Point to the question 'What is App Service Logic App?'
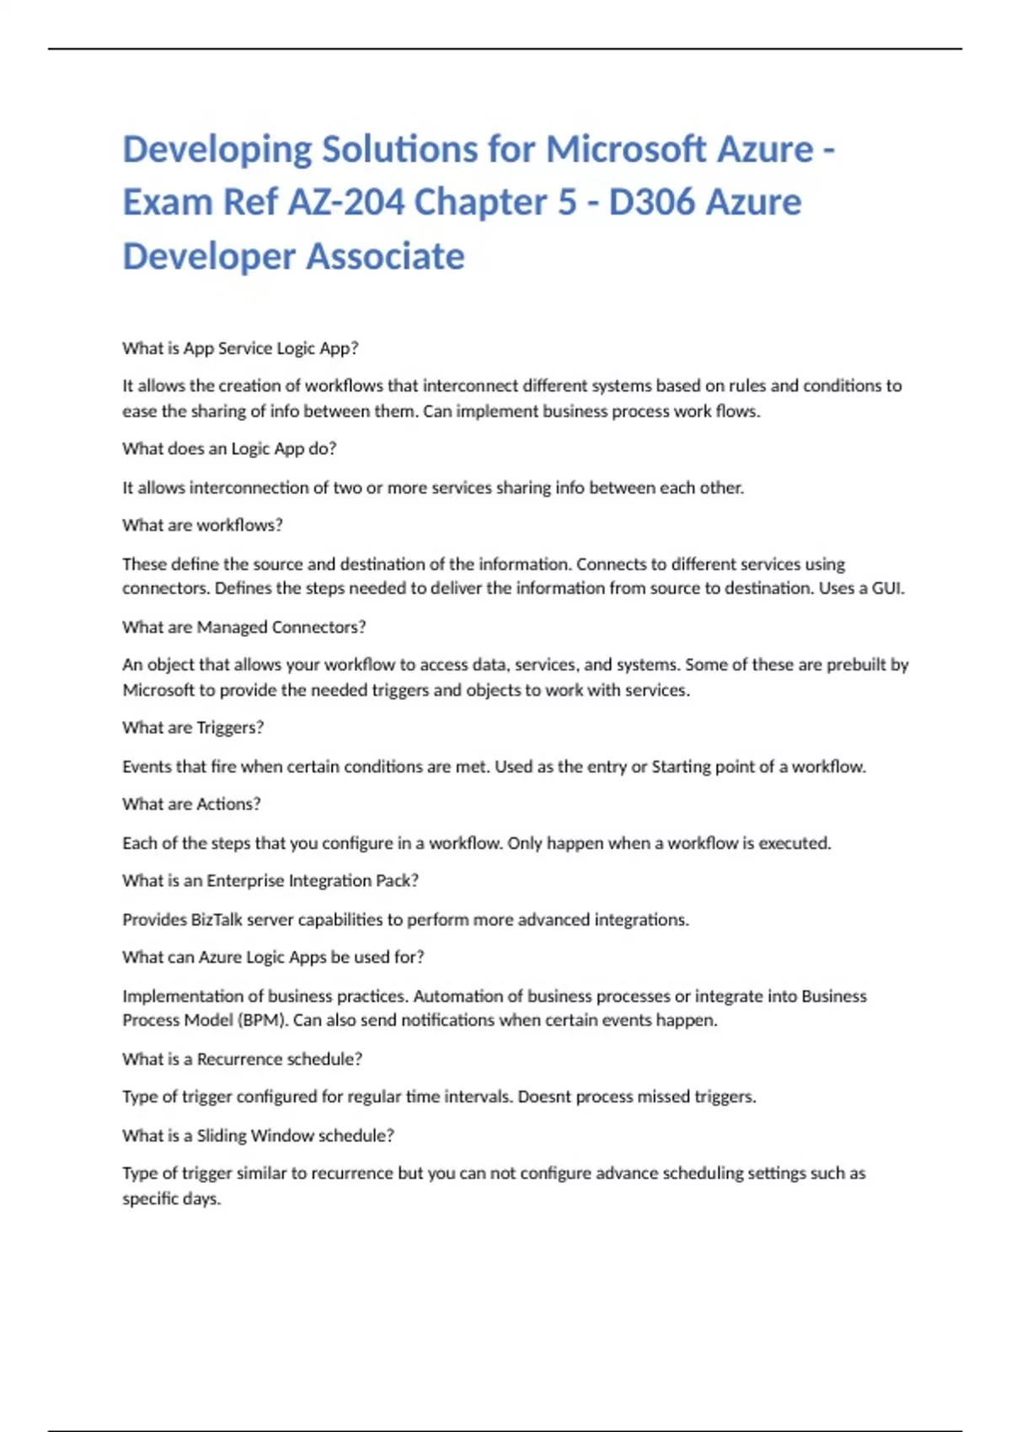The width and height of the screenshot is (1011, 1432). (x=240, y=348)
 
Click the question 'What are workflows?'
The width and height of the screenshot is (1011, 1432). (x=202, y=525)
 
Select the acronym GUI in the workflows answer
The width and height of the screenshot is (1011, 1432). (x=887, y=588)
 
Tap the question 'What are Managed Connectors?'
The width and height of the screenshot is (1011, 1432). (x=243, y=627)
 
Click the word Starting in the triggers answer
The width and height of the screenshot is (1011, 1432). (x=681, y=767)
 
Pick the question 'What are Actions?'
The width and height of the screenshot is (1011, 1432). (x=191, y=804)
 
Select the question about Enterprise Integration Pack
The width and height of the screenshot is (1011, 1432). (x=270, y=880)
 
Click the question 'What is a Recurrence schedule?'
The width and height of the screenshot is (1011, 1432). (x=242, y=1059)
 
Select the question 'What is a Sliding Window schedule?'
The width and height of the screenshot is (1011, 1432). (x=258, y=1135)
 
